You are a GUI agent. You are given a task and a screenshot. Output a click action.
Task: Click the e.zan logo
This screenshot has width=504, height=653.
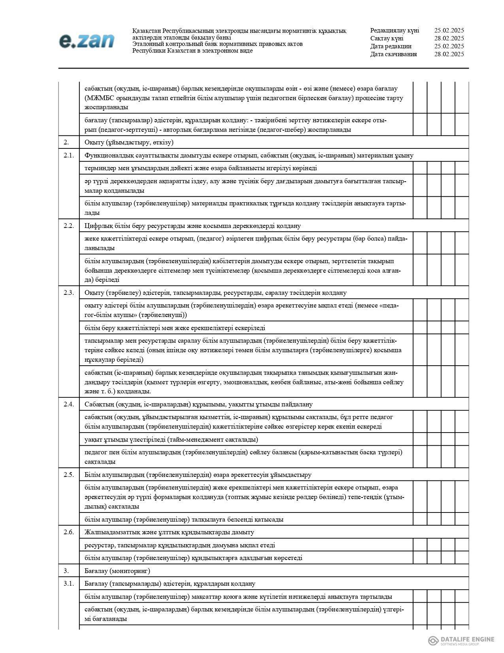87,41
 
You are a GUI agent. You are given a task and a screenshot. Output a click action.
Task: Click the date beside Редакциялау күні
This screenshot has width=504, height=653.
449,30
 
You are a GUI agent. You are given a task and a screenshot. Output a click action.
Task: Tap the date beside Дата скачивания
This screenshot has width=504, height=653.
449,54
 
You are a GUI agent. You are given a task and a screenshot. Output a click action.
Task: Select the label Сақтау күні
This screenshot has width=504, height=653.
387,38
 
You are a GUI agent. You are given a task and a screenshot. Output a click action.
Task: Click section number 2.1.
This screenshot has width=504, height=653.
69,155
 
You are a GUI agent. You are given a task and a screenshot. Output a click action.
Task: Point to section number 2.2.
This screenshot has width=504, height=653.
69,226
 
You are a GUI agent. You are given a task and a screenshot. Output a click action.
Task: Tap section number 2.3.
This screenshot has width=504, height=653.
69,292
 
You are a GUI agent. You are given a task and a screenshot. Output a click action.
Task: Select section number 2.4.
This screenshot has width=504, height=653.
69,404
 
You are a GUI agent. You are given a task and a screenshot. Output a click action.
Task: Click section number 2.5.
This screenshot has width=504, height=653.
69,475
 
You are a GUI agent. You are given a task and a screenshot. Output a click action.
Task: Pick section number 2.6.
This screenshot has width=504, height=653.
69,532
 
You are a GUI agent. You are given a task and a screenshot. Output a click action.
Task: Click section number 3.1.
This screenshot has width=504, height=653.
69,583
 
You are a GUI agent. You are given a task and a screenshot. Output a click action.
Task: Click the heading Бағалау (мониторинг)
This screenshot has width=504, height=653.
117,571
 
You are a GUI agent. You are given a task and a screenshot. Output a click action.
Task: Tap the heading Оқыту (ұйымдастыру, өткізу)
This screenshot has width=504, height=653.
129,142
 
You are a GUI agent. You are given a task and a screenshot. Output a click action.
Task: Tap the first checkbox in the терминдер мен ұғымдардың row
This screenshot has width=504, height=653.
420,168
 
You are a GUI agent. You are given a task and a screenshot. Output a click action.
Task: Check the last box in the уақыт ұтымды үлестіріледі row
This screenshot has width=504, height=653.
462,440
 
